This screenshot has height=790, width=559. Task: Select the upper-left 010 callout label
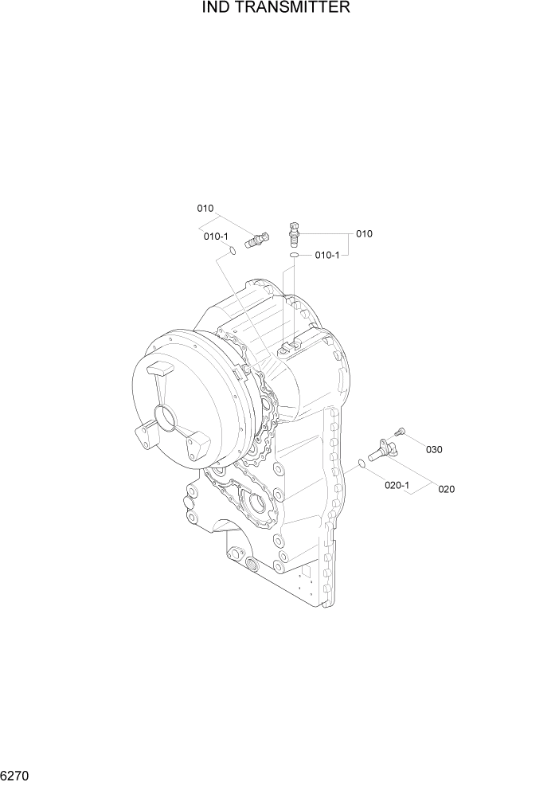pos(205,209)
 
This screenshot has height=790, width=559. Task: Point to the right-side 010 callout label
pos(364,234)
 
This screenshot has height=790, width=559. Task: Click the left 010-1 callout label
pos(216,237)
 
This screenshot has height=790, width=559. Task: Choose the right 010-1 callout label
pos(327,255)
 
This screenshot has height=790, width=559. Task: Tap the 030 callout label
pos(433,449)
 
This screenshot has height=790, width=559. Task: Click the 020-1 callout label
pos(397,484)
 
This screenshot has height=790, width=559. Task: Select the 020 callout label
pos(446,489)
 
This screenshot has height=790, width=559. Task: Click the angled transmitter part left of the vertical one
pos(256,238)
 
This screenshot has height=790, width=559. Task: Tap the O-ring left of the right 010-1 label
pos(295,255)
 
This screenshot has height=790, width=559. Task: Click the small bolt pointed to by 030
pos(400,431)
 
